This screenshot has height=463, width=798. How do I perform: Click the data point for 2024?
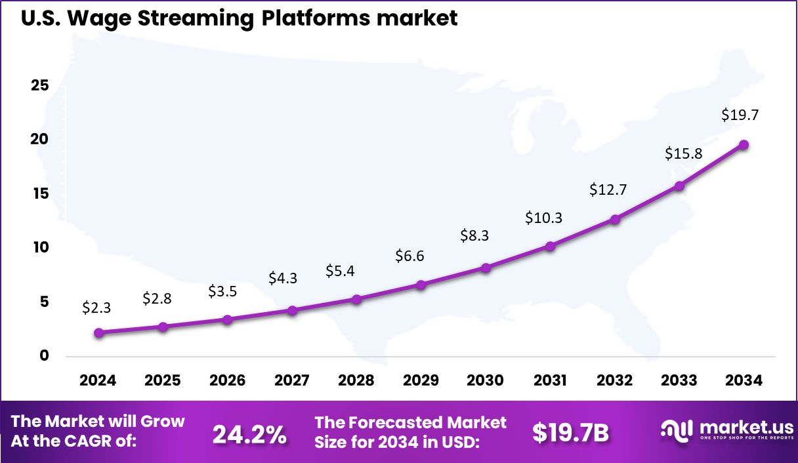click(98, 333)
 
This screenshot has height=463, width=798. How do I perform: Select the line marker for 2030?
click(486, 268)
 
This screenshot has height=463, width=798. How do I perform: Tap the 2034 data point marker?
click(744, 145)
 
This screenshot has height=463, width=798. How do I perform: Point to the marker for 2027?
click(292, 310)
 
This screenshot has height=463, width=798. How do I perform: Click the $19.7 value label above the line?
click(740, 115)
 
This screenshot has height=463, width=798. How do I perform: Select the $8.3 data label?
click(474, 235)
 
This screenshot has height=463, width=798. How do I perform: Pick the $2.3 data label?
click(97, 306)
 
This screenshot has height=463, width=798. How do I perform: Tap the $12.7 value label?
click(608, 190)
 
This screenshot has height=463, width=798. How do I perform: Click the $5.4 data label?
click(341, 270)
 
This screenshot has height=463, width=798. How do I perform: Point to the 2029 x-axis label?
click(421, 380)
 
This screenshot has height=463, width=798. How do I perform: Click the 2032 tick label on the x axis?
click(615, 380)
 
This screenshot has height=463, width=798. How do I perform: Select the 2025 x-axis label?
click(163, 380)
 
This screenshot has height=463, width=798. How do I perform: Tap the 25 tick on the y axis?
click(40, 86)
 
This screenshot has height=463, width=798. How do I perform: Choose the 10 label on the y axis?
click(40, 248)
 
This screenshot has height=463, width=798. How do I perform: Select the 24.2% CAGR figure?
click(249, 433)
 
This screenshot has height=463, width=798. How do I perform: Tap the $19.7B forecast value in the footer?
click(571, 433)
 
